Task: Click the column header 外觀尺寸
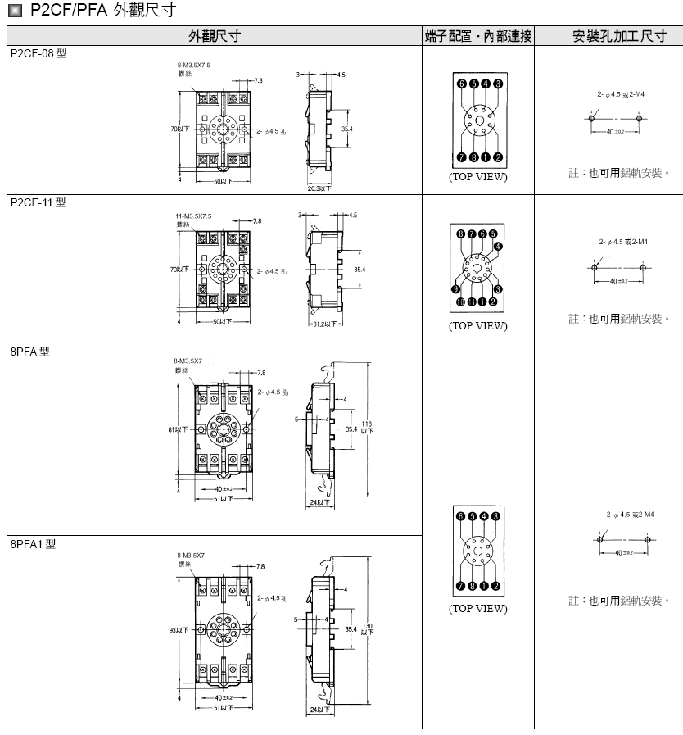tap(215, 37)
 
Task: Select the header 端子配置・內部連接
tap(478, 37)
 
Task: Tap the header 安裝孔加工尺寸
tap(608, 37)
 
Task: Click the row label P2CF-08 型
tap(38, 52)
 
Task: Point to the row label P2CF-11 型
tap(38, 202)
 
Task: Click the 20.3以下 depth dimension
tap(319, 188)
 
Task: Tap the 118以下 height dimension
tap(366, 426)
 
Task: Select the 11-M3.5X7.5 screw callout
tap(193, 216)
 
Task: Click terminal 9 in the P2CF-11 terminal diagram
tap(456, 288)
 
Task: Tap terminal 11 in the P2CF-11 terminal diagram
tap(461, 302)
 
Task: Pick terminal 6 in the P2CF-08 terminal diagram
tap(463, 84)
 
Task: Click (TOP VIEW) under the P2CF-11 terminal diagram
tap(477, 325)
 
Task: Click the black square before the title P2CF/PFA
tap(15, 11)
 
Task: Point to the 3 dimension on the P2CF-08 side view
tap(301, 75)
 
